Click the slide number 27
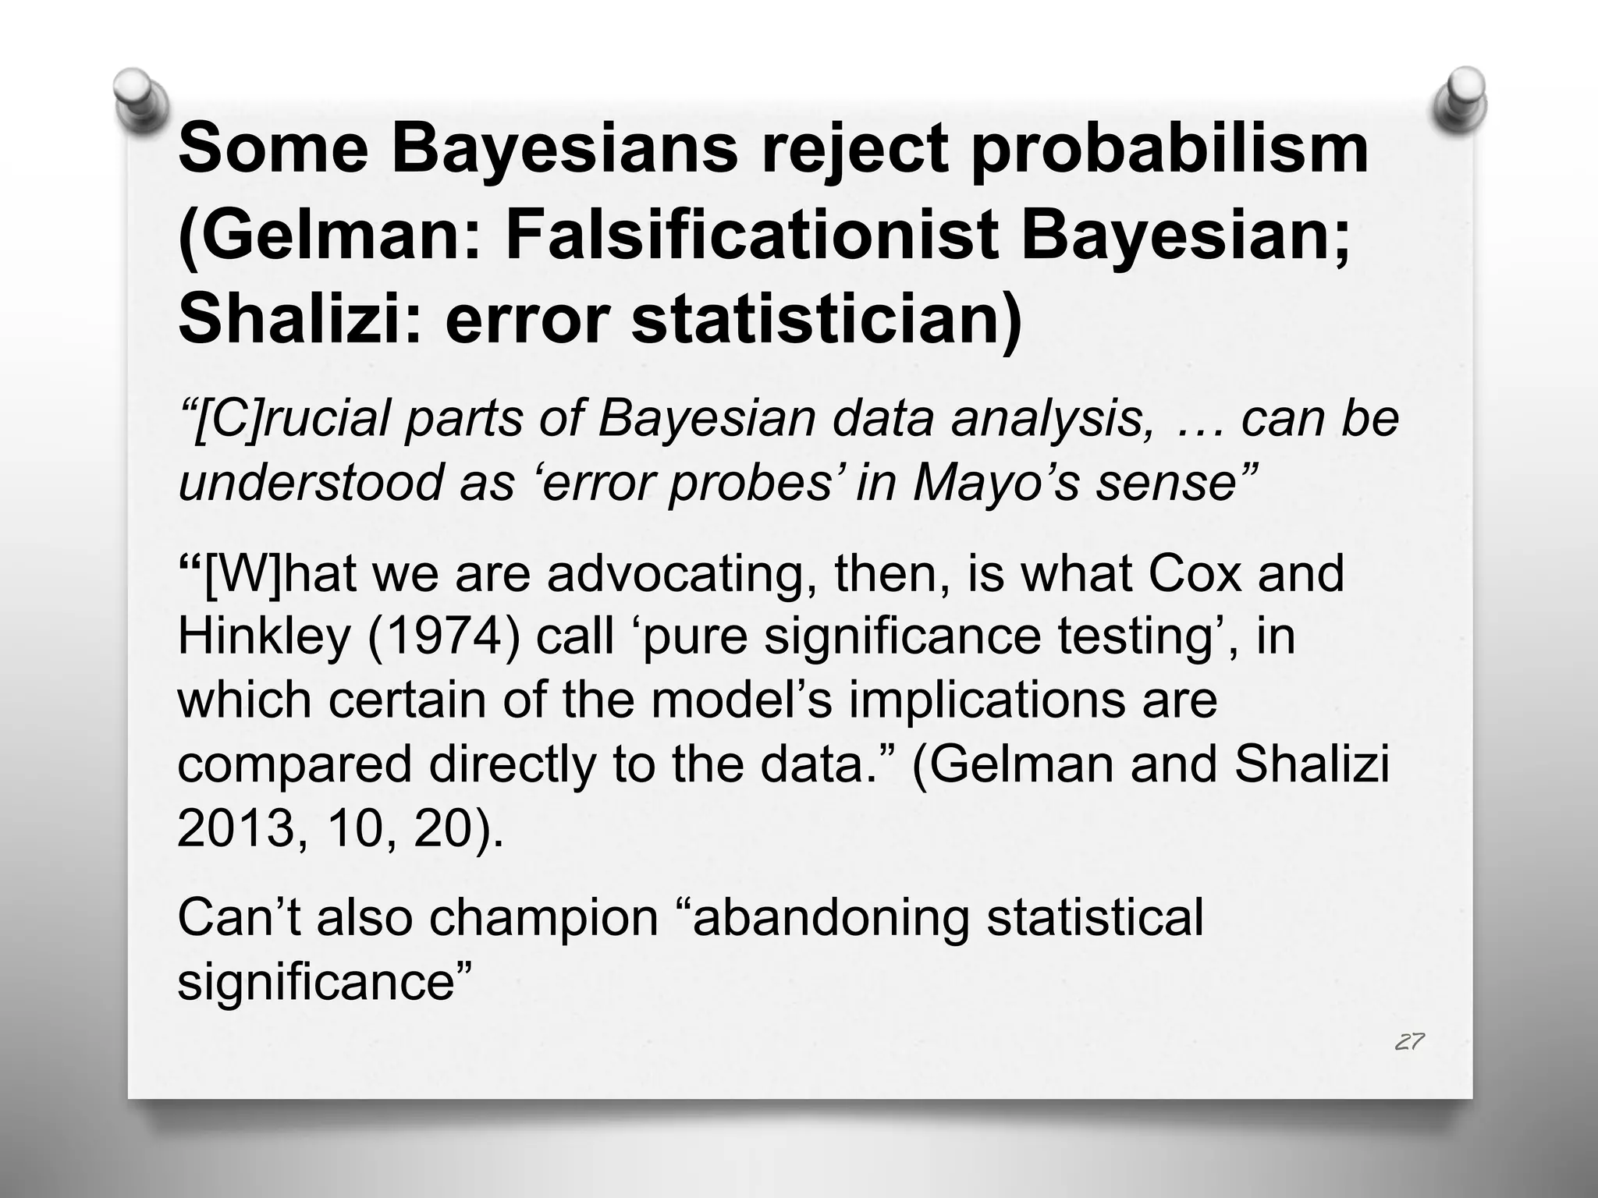click(x=1409, y=1042)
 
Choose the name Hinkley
click(x=264, y=637)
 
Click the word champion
click(x=543, y=918)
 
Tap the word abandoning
click(x=826, y=918)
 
